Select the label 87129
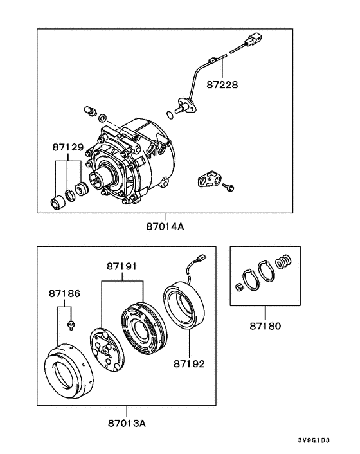click(68, 148)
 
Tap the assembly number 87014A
click(165, 226)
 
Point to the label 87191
click(122, 265)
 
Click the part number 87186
click(64, 293)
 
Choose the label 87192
click(188, 363)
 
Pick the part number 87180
click(265, 326)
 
